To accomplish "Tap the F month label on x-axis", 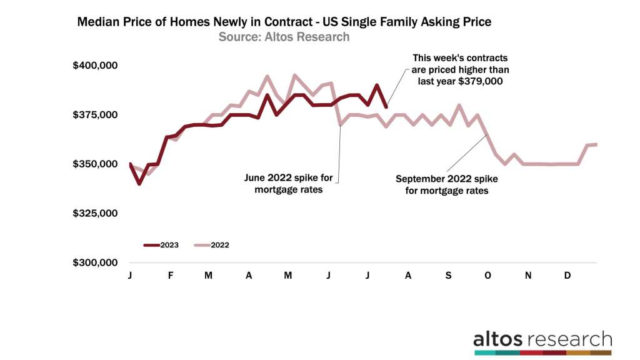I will click(x=170, y=275).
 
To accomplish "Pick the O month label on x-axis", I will click(x=487, y=275).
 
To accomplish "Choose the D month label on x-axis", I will click(x=567, y=275).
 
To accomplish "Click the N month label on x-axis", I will click(x=527, y=275).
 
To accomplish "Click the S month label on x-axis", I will click(x=447, y=275).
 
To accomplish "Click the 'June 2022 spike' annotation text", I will click(x=289, y=183).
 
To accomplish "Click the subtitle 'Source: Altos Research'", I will click(x=284, y=37).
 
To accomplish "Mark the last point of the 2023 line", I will click(x=386, y=107).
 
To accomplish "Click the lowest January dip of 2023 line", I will click(x=139, y=184).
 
